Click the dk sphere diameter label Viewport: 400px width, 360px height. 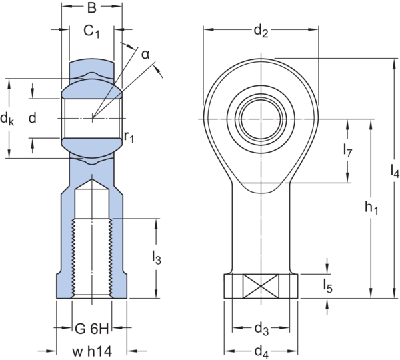click(8, 119)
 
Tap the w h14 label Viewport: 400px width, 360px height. click(90, 349)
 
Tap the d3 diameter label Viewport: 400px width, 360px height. click(261, 329)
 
